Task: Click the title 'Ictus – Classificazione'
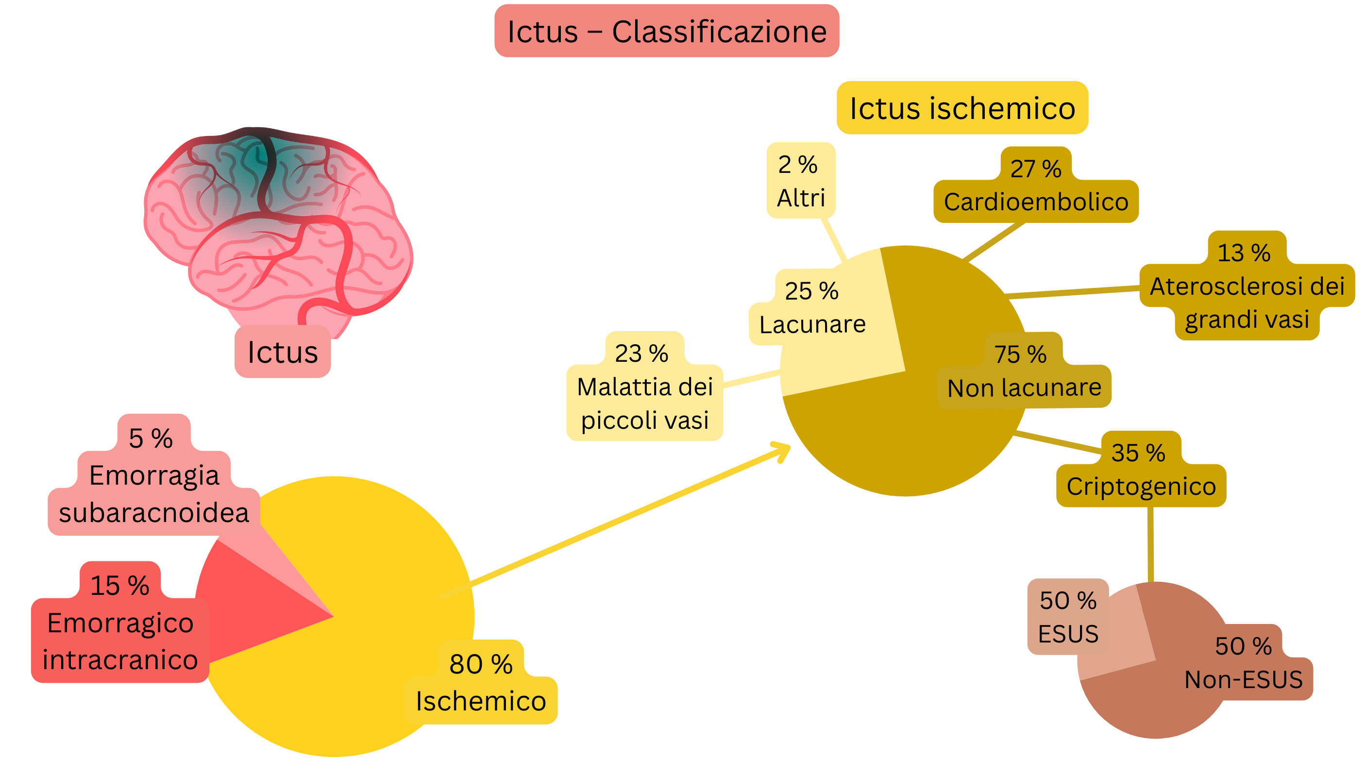click(667, 31)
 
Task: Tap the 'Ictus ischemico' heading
click(962, 108)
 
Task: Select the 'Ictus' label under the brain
click(283, 352)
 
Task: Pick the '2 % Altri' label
click(801, 181)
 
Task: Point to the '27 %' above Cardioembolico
click(1036, 169)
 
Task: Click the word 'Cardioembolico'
click(1036, 202)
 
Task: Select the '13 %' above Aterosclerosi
click(1244, 253)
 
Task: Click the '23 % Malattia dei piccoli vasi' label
click(644, 387)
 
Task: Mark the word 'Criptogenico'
click(1141, 487)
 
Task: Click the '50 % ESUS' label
click(1068, 617)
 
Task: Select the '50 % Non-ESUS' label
click(1244, 663)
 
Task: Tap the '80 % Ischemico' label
click(481, 683)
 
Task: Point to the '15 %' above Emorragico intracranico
click(120, 586)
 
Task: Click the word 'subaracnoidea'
click(154, 513)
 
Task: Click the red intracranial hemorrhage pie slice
click(254, 610)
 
